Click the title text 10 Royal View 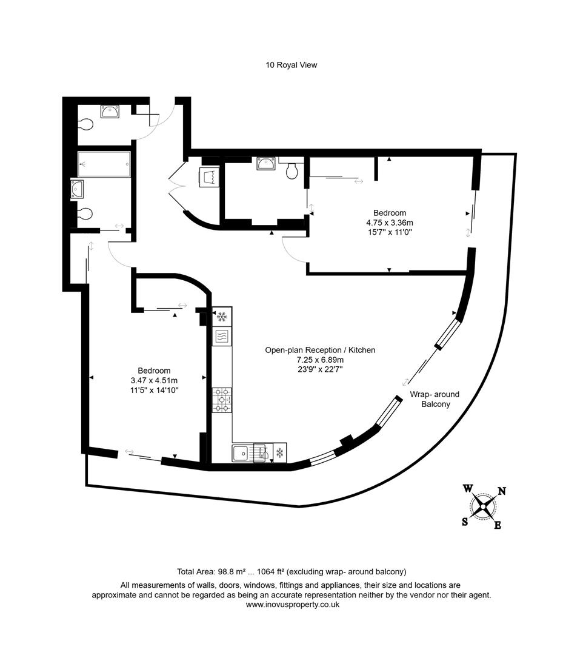(291, 65)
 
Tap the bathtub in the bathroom (104, 164)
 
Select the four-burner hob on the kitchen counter (222, 400)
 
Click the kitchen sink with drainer (242, 454)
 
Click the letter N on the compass (502, 491)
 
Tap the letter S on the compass (465, 522)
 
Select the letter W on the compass (468, 488)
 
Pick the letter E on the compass (498, 525)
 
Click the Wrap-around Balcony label (435, 399)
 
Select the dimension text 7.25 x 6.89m (320, 360)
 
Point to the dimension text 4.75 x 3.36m (389, 222)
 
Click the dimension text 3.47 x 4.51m (154, 380)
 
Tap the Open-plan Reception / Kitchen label (320, 350)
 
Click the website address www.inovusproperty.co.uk (291, 605)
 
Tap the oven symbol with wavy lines (221, 335)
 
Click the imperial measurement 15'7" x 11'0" (389, 232)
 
